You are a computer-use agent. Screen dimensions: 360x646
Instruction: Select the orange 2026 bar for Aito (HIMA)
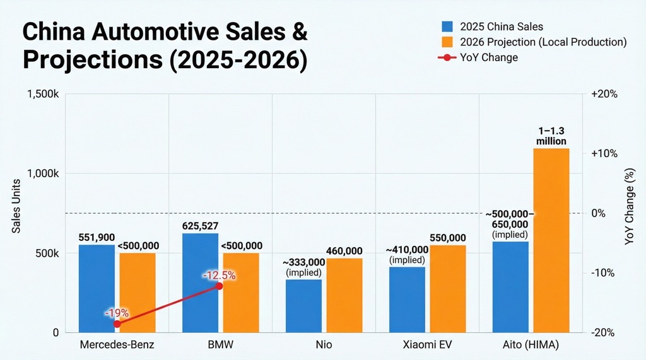point(551,240)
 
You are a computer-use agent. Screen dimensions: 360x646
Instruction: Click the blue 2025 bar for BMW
point(200,283)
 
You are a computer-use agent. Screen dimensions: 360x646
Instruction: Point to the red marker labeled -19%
point(117,323)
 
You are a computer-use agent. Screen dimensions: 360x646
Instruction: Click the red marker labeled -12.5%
point(220,286)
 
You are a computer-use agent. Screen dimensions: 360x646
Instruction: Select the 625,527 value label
point(200,226)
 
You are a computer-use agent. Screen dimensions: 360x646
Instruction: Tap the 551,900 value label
point(97,237)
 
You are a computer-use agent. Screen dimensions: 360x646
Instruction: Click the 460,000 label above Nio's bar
point(344,251)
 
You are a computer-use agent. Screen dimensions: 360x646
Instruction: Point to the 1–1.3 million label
point(551,136)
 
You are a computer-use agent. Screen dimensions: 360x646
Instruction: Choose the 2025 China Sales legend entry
point(495,26)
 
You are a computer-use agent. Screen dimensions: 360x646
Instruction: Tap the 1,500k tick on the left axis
point(43,94)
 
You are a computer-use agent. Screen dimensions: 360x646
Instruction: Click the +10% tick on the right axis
point(603,154)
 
